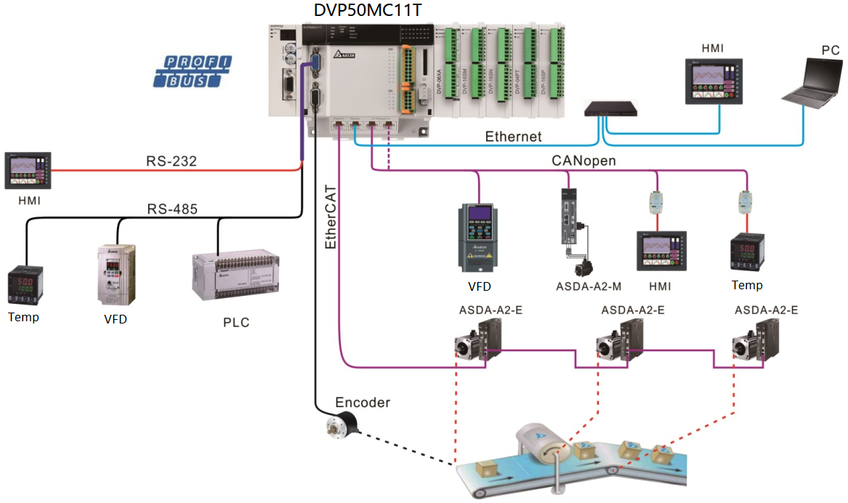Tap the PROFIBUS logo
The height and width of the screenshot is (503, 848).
coord(193,71)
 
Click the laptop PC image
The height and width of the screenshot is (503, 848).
coord(812,81)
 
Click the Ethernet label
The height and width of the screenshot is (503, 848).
coord(513,137)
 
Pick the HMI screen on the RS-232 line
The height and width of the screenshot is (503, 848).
coord(25,172)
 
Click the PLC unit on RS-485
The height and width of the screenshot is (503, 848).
coord(235,277)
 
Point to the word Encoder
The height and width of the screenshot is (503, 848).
coord(363,403)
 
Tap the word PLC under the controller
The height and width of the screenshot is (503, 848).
coord(236,322)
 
